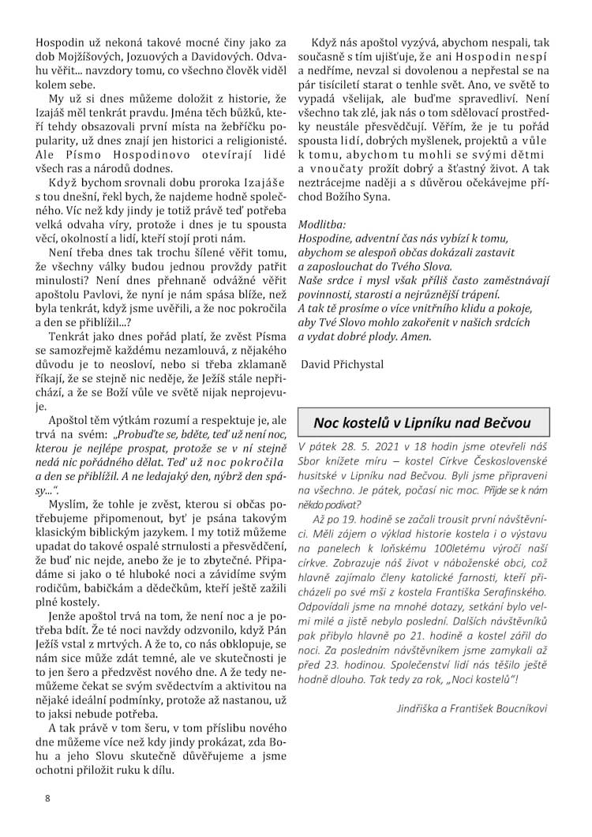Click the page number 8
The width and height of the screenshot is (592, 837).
[x=47, y=798]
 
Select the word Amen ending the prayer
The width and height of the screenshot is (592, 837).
[x=416, y=336]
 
